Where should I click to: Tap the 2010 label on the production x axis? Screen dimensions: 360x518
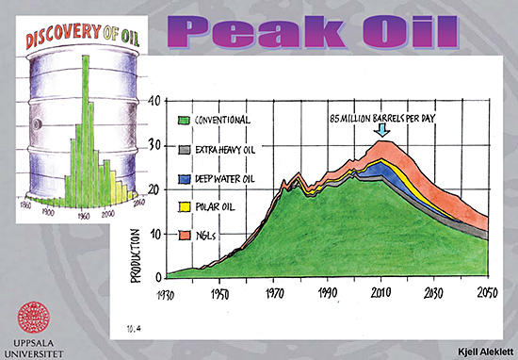pos(381,294)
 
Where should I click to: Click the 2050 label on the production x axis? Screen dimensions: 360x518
pos(487,294)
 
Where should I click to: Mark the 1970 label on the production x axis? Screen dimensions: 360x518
pos(275,294)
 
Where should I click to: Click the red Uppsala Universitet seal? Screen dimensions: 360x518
pos(35,315)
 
